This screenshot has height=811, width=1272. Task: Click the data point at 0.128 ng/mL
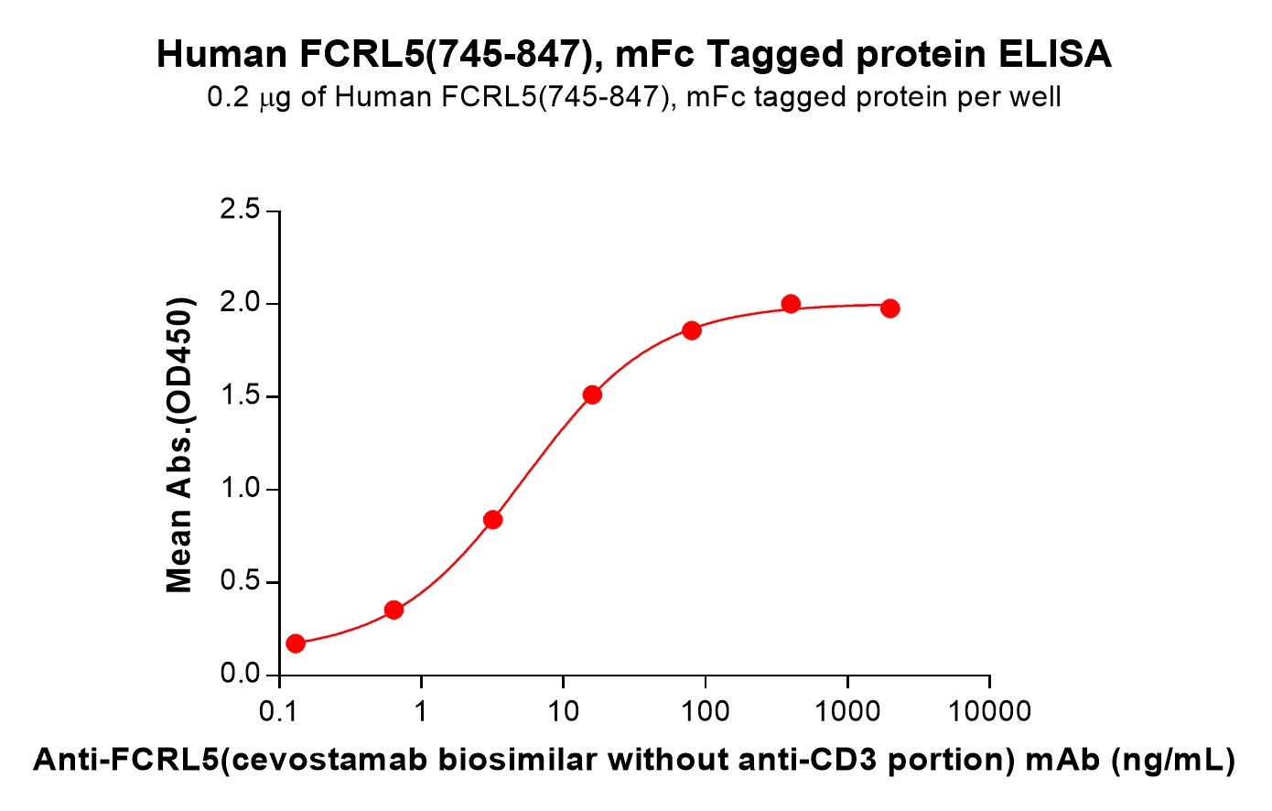[296, 643]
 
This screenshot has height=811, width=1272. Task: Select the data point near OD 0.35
[394, 610]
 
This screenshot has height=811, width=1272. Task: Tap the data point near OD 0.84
[493, 520]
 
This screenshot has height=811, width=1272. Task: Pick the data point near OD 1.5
[592, 395]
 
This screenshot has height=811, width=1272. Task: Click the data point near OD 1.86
[692, 330]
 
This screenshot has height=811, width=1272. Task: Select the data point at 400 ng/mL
[791, 304]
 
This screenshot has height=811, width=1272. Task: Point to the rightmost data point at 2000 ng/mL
[889, 308]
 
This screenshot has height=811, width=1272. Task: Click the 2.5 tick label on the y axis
[240, 211]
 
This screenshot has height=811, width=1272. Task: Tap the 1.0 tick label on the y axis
[240, 489]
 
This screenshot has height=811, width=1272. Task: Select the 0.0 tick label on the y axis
[240, 675]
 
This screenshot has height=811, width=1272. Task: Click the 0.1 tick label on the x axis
[278, 711]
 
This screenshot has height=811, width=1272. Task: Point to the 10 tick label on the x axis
[563, 711]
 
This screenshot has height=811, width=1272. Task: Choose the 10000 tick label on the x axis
[988, 711]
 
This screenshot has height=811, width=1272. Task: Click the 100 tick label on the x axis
[705, 711]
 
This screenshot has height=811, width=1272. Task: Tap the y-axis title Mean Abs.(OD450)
[179, 444]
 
